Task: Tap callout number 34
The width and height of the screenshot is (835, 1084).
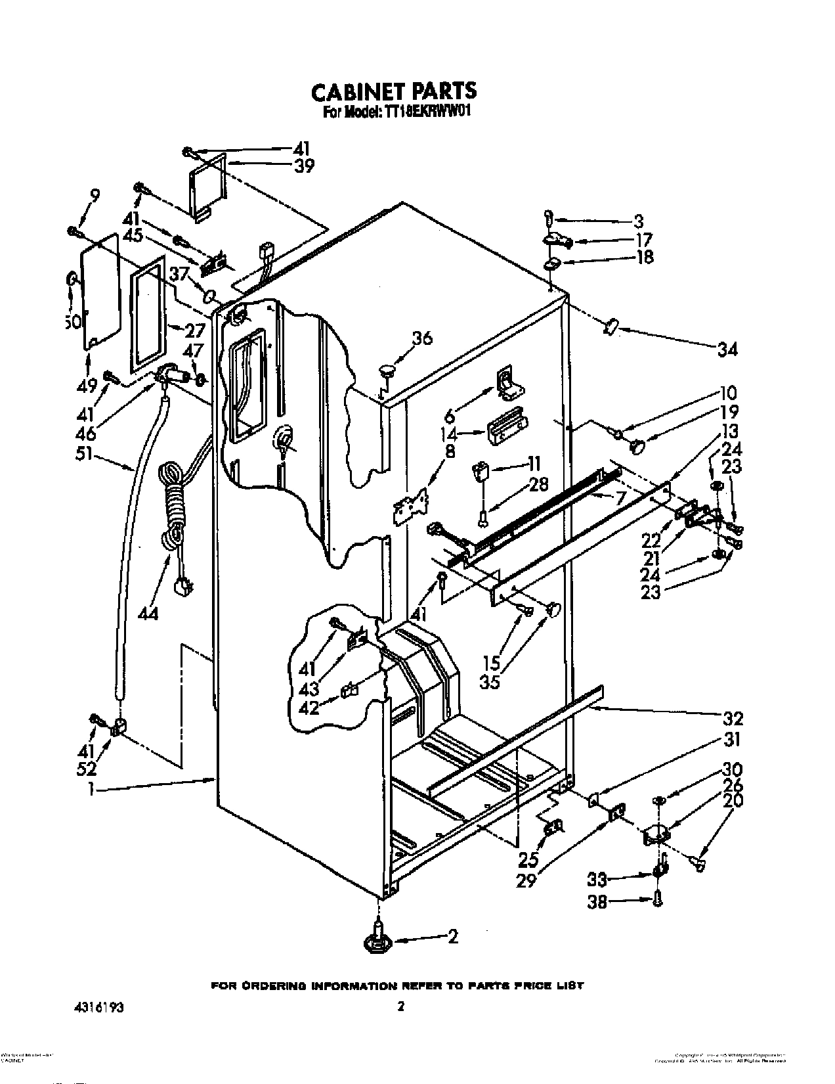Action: click(727, 349)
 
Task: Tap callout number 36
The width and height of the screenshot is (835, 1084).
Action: click(422, 339)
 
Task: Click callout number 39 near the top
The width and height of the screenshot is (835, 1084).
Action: click(303, 166)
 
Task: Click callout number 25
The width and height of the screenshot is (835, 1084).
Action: click(528, 859)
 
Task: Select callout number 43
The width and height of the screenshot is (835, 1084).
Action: click(309, 689)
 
